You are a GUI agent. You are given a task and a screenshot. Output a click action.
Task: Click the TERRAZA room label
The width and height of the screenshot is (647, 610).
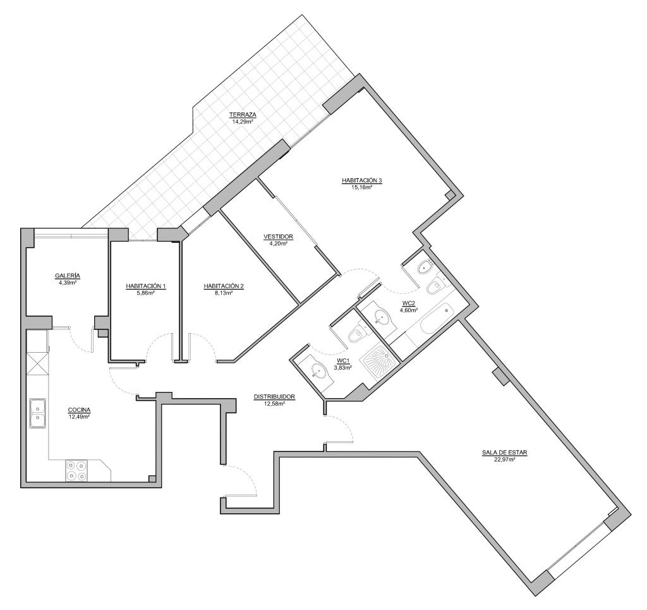click(243, 114)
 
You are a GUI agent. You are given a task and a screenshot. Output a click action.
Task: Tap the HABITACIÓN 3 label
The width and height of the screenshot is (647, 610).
click(362, 180)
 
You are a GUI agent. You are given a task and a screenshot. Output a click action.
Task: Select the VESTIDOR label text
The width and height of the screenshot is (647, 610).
click(278, 237)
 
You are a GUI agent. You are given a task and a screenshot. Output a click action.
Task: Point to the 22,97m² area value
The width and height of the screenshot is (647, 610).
click(504, 459)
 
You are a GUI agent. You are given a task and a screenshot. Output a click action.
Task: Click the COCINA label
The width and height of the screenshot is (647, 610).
click(79, 410)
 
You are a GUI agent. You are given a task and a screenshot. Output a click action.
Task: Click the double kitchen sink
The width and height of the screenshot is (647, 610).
click(37, 413)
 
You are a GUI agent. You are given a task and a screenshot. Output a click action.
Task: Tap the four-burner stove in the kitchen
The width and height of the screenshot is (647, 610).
click(76, 470)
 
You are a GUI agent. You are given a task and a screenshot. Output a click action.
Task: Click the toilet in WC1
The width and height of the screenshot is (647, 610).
click(356, 334)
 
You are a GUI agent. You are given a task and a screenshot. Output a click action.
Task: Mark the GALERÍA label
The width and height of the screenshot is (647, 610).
click(68, 276)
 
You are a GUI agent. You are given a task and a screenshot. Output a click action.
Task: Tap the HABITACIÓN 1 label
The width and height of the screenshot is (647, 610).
click(146, 286)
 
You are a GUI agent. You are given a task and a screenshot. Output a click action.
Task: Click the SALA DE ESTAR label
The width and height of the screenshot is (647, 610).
click(504, 453)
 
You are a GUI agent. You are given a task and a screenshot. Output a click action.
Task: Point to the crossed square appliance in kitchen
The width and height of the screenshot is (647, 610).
click(37, 364)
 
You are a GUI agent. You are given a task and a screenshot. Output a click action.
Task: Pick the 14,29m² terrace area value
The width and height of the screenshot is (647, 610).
click(243, 121)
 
